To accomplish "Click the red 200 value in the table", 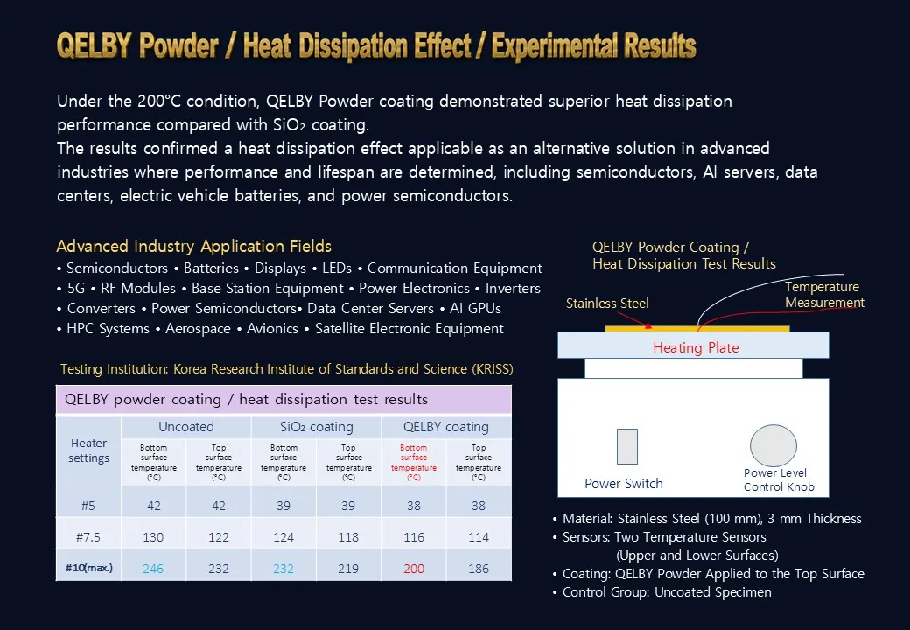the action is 414,569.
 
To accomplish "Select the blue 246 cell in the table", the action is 153,569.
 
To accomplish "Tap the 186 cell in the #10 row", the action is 479,569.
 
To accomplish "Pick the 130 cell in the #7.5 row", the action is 153,537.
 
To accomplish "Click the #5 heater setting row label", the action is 88,506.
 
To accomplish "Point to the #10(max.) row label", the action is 88,568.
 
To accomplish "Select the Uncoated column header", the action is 186,427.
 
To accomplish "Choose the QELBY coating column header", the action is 446,427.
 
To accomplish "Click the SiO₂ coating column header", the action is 316,427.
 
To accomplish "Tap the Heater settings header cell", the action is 88,451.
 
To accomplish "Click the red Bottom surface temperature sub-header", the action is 414,462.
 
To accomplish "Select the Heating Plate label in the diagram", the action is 696,347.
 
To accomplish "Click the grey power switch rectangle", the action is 627,446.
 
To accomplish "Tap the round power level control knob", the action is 773,445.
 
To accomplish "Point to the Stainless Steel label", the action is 607,304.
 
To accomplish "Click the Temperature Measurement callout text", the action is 824,295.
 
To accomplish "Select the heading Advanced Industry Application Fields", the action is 194,247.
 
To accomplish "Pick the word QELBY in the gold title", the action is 94,45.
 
